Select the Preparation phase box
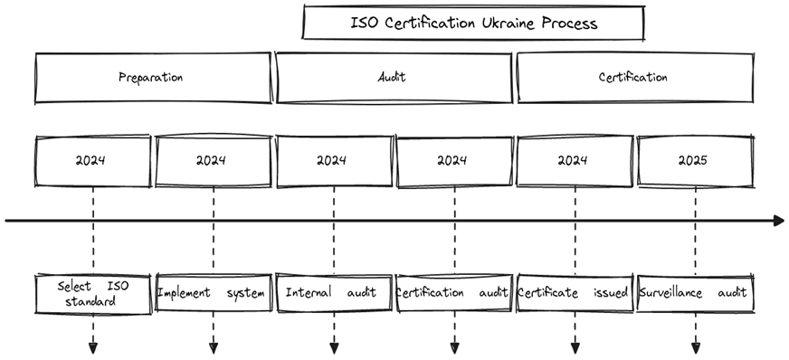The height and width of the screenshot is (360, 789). tap(152, 77)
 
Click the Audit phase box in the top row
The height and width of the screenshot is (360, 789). tap(393, 77)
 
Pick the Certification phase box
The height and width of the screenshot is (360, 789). tap(633, 77)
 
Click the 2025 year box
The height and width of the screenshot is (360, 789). tap(695, 161)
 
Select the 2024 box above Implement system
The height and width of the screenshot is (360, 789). tap(212, 161)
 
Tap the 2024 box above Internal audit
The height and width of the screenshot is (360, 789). tap(333, 161)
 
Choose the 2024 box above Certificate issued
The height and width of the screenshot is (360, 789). tap(574, 161)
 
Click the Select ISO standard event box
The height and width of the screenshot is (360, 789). tap(92, 293)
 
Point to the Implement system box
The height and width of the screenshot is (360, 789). tap(213, 293)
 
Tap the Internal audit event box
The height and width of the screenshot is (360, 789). tap(333, 293)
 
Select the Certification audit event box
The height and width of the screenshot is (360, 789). tap(453, 293)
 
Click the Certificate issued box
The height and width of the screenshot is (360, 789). tap(574, 293)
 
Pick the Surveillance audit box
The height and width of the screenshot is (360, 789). tap(695, 293)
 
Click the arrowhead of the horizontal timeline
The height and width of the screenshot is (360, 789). tap(778, 220)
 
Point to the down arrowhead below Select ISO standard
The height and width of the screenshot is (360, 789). tap(92, 347)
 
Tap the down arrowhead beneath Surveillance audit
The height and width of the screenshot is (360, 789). tap(695, 347)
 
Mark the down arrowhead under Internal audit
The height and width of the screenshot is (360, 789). tap(333, 347)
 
